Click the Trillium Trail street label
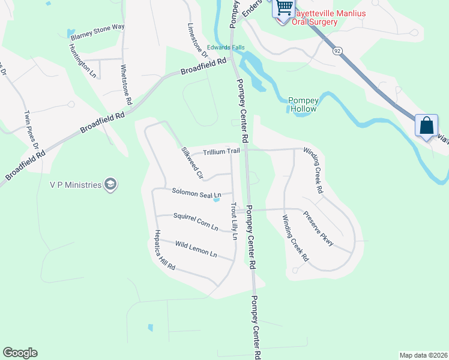click(x=221, y=152)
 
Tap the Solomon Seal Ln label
click(x=197, y=194)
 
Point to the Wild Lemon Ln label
click(x=196, y=248)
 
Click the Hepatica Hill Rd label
click(x=164, y=250)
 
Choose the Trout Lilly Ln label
click(x=234, y=220)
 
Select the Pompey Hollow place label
click(x=303, y=104)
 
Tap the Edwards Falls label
click(x=224, y=47)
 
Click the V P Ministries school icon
click(x=110, y=184)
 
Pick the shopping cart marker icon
click(x=285, y=8)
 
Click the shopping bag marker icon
click(x=426, y=126)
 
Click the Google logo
click(x=20, y=353)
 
